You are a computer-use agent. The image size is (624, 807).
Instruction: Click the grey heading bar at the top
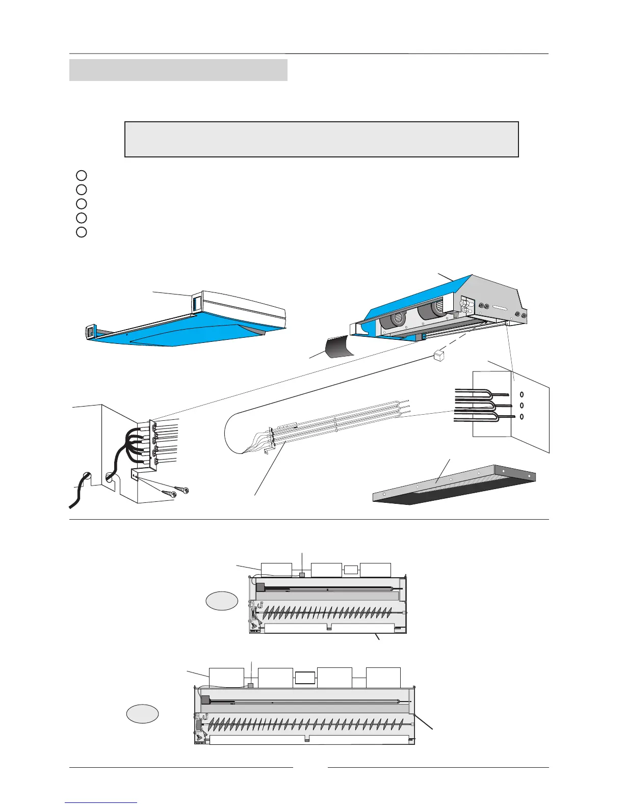(x=178, y=70)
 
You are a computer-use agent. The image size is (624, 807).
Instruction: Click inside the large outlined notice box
(x=321, y=139)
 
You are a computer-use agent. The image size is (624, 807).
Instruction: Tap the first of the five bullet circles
(x=81, y=176)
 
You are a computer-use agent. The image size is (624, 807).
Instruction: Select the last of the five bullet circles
(x=81, y=232)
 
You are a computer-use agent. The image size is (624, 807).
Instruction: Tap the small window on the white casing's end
(x=197, y=304)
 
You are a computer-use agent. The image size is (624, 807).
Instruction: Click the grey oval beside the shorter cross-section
(x=222, y=601)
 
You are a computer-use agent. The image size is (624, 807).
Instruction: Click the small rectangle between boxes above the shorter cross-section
(x=351, y=570)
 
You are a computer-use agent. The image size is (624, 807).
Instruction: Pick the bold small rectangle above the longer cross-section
(x=305, y=678)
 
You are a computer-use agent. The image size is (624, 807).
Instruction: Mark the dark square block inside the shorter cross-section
(x=260, y=587)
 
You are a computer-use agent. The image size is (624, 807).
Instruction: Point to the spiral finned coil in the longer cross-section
(x=306, y=722)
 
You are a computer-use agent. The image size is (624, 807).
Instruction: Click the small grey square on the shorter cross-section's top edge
(x=302, y=575)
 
